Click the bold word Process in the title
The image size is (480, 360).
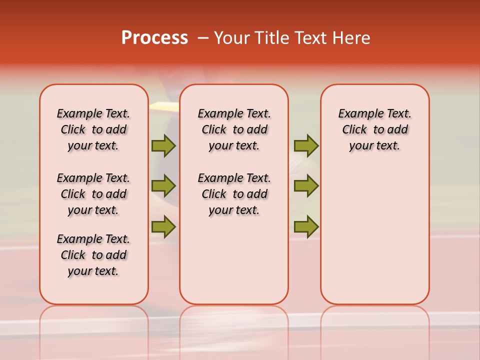tap(154, 38)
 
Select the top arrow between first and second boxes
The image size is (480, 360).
tap(163, 145)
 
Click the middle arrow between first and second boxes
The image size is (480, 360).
tap(163, 186)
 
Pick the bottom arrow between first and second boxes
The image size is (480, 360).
tap(163, 226)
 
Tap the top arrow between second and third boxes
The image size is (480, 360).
tap(306, 145)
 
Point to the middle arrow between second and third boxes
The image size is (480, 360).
tap(306, 186)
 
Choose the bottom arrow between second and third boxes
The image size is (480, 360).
tap(306, 226)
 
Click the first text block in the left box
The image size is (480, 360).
tap(93, 129)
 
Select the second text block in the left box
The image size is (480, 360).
tap(93, 194)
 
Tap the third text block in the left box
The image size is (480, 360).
tap(93, 255)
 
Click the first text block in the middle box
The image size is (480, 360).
tap(234, 129)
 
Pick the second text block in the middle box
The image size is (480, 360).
tap(234, 194)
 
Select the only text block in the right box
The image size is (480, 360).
tap(374, 129)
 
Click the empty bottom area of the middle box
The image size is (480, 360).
tap(234, 265)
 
